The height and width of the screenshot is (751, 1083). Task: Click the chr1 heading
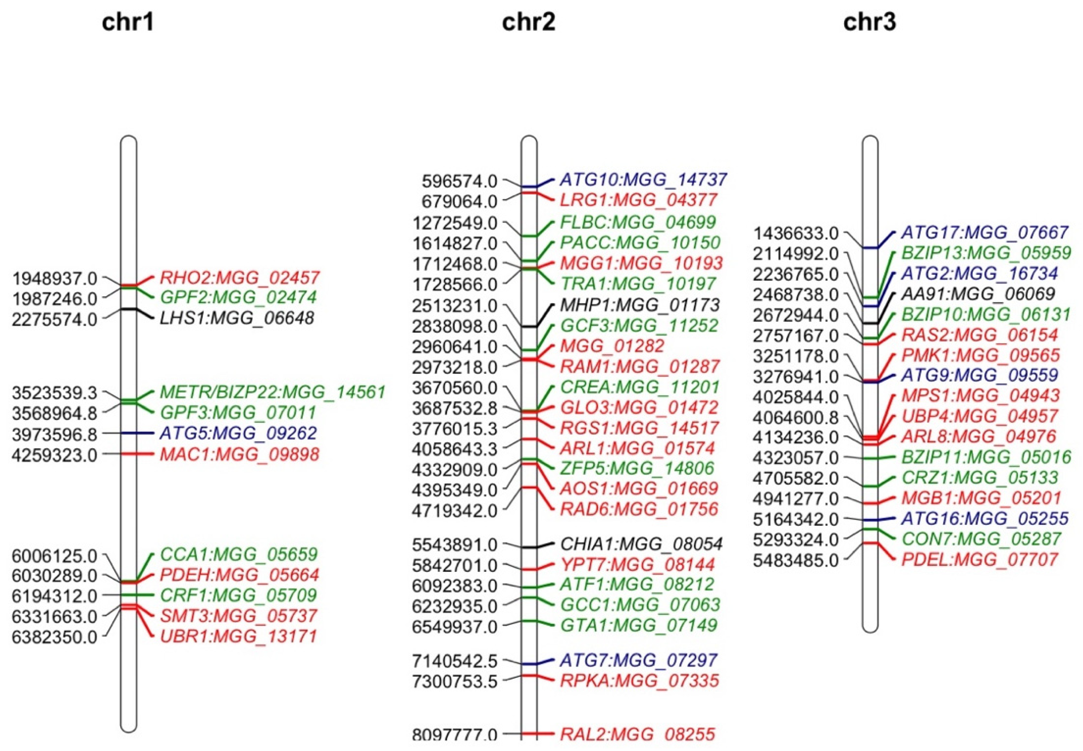(x=128, y=22)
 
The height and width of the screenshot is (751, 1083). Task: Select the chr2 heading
(x=528, y=22)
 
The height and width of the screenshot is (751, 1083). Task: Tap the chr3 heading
(x=869, y=22)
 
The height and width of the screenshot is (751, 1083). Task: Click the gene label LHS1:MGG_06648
(x=237, y=318)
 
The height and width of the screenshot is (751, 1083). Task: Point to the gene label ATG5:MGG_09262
(x=238, y=433)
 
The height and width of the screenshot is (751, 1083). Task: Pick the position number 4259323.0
(x=55, y=455)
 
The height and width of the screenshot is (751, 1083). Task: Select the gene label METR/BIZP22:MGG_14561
(x=273, y=391)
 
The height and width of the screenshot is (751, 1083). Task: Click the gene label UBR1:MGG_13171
(x=238, y=636)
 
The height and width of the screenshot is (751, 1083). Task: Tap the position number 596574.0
(x=459, y=181)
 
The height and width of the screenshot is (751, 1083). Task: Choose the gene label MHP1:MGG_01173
(x=640, y=305)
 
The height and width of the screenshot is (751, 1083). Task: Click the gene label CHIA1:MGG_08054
(x=641, y=544)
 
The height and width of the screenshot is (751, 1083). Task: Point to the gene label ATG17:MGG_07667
(x=984, y=232)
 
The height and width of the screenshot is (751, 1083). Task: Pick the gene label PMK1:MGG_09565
(x=980, y=355)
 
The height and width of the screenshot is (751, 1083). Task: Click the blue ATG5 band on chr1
(x=129, y=433)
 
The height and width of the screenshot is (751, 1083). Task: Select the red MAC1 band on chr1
(x=129, y=454)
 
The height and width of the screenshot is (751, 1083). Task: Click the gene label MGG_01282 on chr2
(x=612, y=346)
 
